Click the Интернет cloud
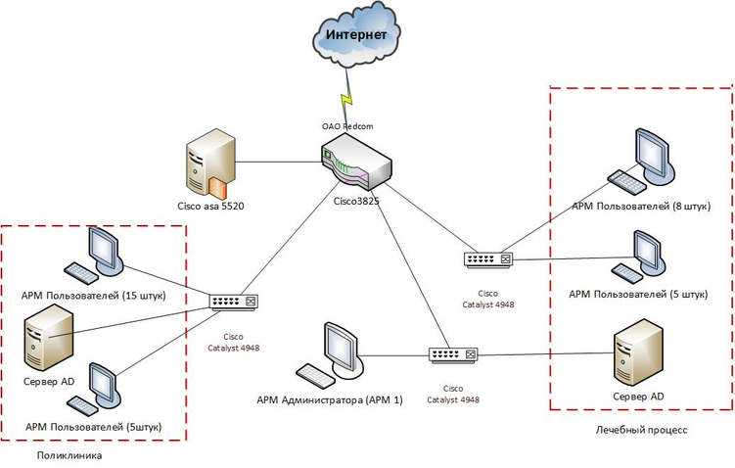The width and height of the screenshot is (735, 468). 356,37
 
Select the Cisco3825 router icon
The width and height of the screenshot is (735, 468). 355,163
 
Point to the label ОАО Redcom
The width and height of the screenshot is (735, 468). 346,127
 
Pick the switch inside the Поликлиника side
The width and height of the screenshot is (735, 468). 234,303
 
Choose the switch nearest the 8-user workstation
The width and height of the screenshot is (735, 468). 488,258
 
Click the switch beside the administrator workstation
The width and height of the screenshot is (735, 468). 453,353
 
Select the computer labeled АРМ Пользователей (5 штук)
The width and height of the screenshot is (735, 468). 645,256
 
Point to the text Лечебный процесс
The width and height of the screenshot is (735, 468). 641,430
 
